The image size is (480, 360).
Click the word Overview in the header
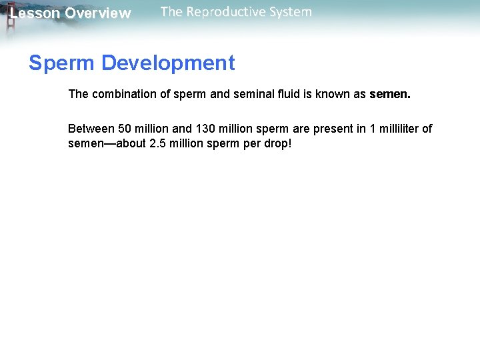(x=98, y=13)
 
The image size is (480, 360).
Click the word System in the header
(x=288, y=12)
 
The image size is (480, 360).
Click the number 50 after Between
(x=125, y=129)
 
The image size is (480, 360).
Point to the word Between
(x=91, y=129)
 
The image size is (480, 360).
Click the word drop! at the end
(x=278, y=143)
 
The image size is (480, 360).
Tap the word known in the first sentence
(x=334, y=94)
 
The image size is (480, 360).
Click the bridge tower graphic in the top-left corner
(x=9, y=20)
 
